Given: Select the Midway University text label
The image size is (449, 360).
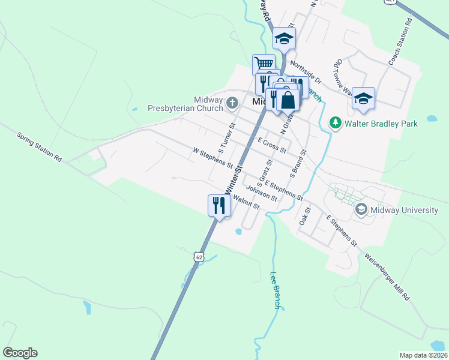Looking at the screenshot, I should (405, 210).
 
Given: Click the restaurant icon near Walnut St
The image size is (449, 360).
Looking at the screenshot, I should (219, 206).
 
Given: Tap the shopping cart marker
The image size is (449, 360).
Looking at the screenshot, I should (264, 64).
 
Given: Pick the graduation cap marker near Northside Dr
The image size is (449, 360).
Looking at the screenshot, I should (284, 40).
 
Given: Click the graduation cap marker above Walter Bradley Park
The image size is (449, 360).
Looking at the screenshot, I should (363, 98).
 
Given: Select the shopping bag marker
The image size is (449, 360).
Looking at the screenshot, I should (288, 100).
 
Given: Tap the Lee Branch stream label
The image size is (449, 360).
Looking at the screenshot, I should (276, 290).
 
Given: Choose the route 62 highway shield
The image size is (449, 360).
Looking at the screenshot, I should (199, 257).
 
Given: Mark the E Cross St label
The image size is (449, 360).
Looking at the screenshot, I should (272, 145).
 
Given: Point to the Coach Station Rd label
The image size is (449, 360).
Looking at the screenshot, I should (400, 41).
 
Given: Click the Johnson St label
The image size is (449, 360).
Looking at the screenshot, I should (261, 194).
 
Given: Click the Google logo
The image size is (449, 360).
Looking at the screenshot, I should (20, 353).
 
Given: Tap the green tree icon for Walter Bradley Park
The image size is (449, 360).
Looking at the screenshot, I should (336, 124).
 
